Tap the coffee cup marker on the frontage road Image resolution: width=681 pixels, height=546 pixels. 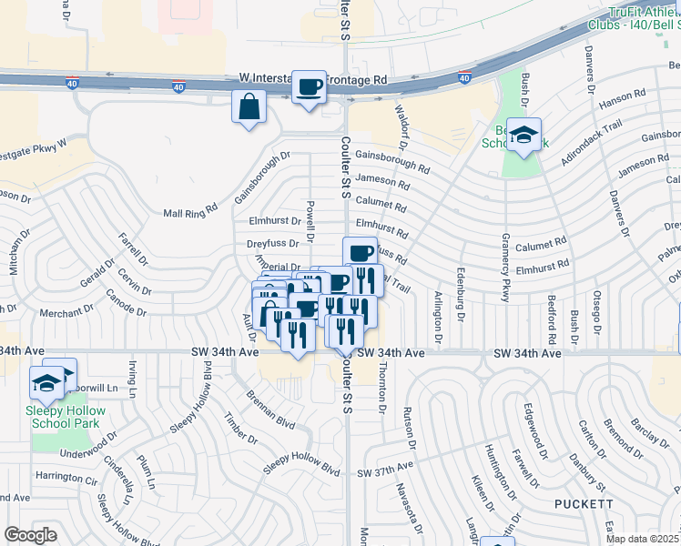pyautogui.click(x=310, y=87)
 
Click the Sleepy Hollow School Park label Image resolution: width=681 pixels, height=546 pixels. pyautogui.click(x=66, y=417)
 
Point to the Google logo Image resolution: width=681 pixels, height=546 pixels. pyautogui.click(x=30, y=535)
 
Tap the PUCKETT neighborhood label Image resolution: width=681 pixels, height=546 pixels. pyautogui.click(x=582, y=503)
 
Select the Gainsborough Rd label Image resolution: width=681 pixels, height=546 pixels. pyautogui.click(x=392, y=161)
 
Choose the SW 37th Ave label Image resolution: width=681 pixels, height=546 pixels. pyautogui.click(x=385, y=472)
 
